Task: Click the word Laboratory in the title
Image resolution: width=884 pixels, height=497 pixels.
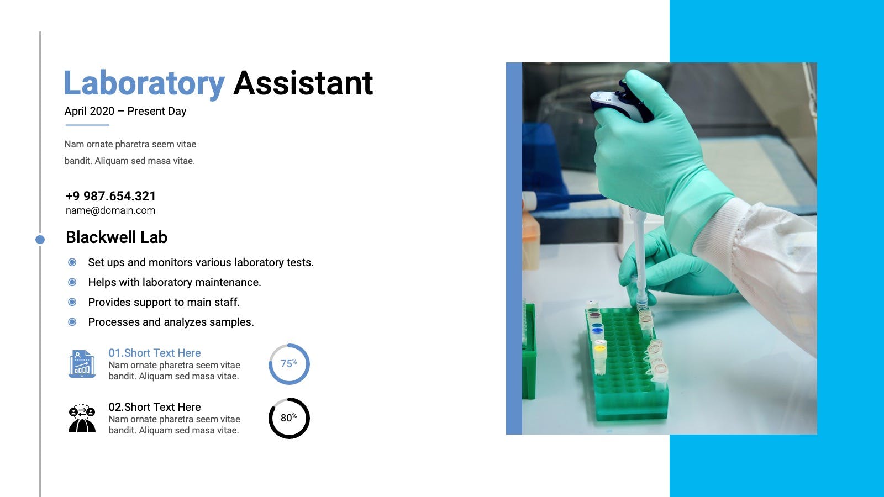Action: (144, 83)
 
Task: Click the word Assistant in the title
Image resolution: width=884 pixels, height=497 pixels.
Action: (303, 83)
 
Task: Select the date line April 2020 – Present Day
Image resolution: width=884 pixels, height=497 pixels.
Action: (125, 111)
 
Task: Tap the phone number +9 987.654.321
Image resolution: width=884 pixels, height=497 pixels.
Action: (110, 196)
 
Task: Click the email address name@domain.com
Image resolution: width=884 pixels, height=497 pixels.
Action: (110, 210)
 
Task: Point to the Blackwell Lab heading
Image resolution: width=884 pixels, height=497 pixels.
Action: (117, 237)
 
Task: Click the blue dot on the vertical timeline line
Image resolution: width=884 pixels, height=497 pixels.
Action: (40, 240)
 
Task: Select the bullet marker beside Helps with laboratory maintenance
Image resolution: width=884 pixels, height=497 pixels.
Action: (72, 282)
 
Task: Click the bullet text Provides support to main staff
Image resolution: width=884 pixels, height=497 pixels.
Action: (164, 302)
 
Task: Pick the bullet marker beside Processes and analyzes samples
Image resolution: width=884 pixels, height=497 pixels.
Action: (72, 322)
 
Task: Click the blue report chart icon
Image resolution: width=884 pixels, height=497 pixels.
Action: (82, 364)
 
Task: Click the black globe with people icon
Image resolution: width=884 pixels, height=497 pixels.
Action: (82, 418)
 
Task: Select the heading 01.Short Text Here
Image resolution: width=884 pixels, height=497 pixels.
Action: (155, 353)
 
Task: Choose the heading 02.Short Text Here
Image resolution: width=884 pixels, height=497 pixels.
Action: (155, 407)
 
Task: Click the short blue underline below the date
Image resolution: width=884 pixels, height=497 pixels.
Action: (87, 125)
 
